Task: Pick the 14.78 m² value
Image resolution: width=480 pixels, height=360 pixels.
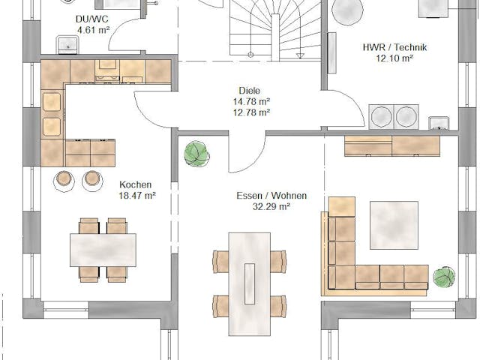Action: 251,101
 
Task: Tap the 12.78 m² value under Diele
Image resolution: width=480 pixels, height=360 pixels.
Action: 251,112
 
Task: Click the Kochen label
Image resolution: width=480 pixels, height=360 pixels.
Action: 136,184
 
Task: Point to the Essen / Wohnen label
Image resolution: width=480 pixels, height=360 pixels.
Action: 271,196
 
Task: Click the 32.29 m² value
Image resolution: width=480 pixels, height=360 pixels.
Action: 271,207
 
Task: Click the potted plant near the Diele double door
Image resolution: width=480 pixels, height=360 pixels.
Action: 197,153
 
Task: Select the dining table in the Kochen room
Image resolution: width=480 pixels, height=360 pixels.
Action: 103,250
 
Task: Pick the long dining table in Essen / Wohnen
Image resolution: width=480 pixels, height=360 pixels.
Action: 249,277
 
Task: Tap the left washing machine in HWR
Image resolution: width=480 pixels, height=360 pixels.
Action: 382,116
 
